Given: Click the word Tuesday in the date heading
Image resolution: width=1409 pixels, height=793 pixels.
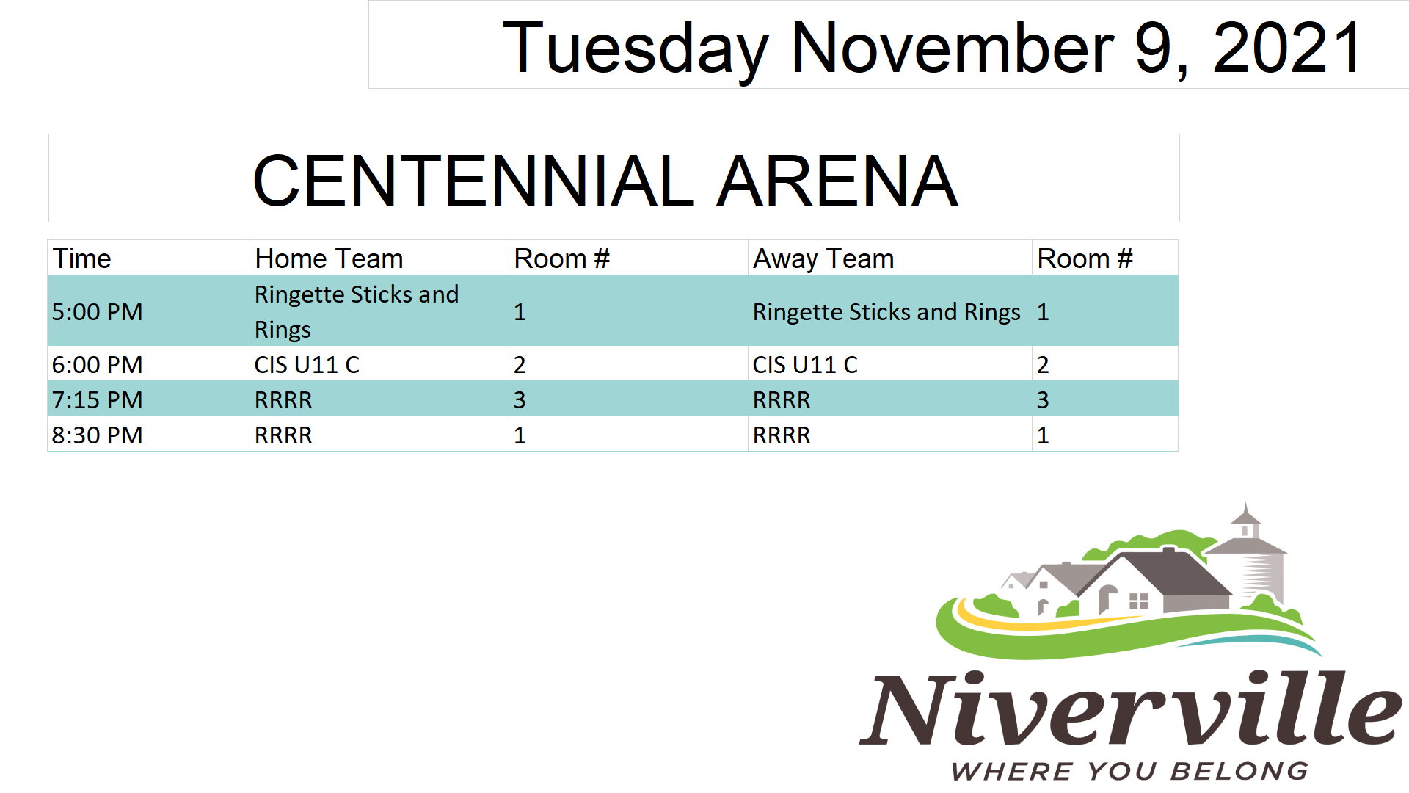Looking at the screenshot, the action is point(636,48).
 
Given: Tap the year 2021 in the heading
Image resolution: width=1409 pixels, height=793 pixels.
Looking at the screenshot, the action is point(1288,48).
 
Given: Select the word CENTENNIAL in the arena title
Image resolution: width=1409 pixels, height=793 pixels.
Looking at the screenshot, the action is point(473,181).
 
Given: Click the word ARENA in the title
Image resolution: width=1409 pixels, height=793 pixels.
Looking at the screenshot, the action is point(837,181).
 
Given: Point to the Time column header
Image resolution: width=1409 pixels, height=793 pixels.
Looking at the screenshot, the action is point(81,258).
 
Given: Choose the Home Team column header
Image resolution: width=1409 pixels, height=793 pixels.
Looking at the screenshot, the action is point(329,258).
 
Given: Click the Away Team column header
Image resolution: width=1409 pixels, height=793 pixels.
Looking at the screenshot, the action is point(823,258).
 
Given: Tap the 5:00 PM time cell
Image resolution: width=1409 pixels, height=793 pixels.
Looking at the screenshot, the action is point(97,311).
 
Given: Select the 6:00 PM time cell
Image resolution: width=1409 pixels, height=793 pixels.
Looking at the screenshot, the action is point(97,364).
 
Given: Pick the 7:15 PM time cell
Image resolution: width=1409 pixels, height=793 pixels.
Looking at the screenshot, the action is point(97,399).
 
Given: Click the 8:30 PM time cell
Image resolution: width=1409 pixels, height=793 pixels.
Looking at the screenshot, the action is point(97,435).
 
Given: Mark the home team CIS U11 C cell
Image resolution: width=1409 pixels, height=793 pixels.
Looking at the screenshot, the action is point(307,364).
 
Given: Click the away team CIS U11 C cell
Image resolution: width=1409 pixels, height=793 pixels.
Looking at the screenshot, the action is point(805,364).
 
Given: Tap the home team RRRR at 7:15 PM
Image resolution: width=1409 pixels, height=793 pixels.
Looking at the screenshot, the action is point(283,399).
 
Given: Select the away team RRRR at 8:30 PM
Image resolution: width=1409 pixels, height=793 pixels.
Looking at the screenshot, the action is point(782,435).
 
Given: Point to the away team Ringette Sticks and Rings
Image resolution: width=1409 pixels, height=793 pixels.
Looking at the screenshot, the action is point(886,312).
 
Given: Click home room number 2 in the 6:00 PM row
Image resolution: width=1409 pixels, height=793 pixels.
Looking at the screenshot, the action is point(520,364).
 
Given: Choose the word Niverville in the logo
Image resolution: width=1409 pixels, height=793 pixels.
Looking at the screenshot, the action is point(1130,708).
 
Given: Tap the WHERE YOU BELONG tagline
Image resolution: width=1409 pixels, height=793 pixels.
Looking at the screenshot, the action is point(1130,771).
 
